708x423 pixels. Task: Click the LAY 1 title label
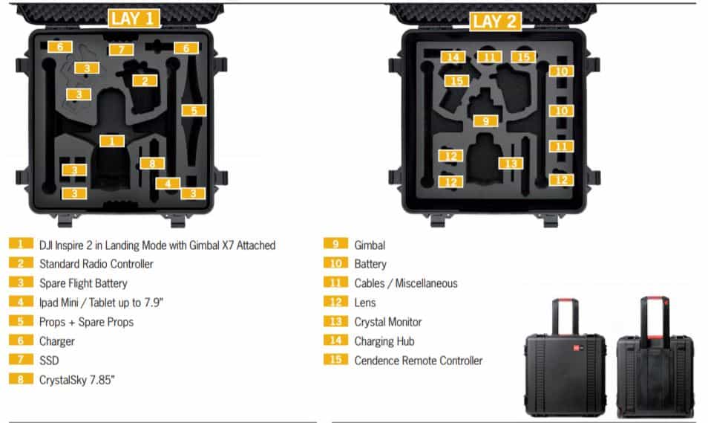pos(134,18)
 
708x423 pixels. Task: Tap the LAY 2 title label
pos(494,21)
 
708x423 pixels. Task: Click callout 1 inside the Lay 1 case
pos(111,141)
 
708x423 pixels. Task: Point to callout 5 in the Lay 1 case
pos(193,110)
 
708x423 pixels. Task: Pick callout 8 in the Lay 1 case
pos(151,163)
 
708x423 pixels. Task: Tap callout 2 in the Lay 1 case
pos(145,81)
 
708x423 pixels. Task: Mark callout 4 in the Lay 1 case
pos(168,183)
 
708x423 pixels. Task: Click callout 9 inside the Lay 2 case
pos(485,120)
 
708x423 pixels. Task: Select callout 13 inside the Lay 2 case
pos(509,163)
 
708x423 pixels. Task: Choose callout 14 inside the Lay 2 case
pos(453,57)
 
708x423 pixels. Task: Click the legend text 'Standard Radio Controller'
pos(96,264)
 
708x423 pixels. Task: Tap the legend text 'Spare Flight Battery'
pos(83,283)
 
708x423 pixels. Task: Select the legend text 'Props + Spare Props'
pos(86,322)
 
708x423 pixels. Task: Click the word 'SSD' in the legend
pos(49,361)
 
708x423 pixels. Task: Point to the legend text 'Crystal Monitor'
pos(387,322)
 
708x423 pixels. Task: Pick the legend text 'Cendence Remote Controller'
pos(418,361)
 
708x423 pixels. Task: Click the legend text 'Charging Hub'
pos(384,341)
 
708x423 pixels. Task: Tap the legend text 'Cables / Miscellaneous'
pos(405,283)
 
